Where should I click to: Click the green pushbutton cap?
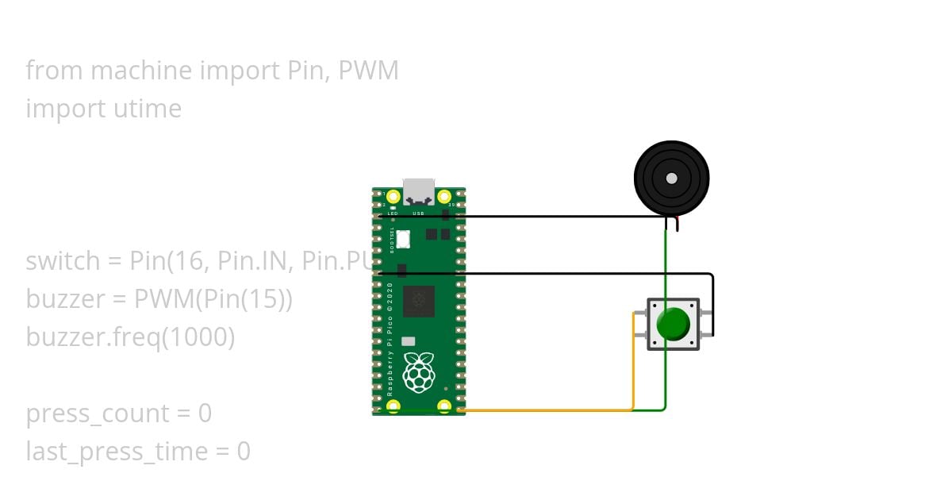674,324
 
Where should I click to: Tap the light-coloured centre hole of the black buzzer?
672,179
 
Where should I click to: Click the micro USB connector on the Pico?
418,191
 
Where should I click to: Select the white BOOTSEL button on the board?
403,237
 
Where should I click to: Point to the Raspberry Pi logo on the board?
418,372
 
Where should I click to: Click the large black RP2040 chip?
418,302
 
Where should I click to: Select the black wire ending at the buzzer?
555,215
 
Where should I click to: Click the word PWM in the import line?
368,71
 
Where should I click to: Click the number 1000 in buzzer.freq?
198,337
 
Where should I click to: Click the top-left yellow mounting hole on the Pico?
393,196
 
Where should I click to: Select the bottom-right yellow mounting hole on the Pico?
444,406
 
